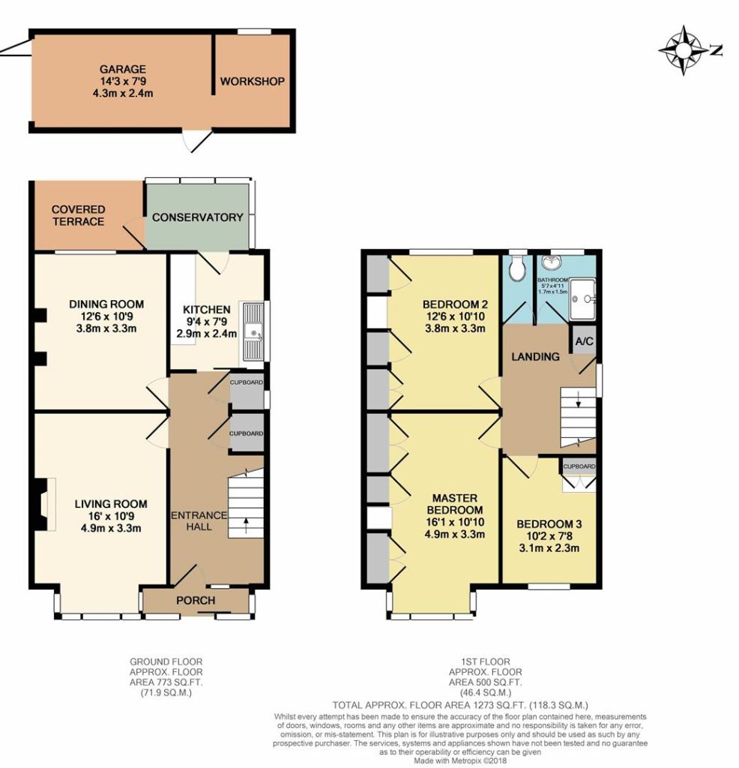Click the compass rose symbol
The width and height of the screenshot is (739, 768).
tap(684, 50)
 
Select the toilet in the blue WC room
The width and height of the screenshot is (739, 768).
tap(517, 268)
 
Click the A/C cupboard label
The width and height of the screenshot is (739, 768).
tap(584, 341)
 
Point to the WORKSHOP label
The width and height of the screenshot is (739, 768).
tap(252, 81)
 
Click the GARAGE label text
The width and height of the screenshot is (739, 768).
tap(123, 69)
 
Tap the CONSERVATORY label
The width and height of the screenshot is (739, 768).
tap(198, 217)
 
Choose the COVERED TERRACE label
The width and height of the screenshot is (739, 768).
tap(78, 215)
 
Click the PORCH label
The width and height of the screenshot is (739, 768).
tap(196, 601)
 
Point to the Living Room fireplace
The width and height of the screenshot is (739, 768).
tap(43, 504)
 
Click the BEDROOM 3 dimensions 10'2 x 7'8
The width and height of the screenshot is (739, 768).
tap(549, 536)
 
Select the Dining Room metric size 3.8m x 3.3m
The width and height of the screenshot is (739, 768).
tap(106, 328)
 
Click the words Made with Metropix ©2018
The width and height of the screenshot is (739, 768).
tap(460, 760)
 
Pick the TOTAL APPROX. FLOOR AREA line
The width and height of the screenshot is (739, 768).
tap(460, 705)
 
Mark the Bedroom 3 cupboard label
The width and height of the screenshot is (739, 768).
tap(579, 466)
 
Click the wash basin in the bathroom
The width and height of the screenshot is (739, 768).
tap(553, 262)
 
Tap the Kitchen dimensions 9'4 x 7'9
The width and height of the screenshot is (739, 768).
tap(207, 322)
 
